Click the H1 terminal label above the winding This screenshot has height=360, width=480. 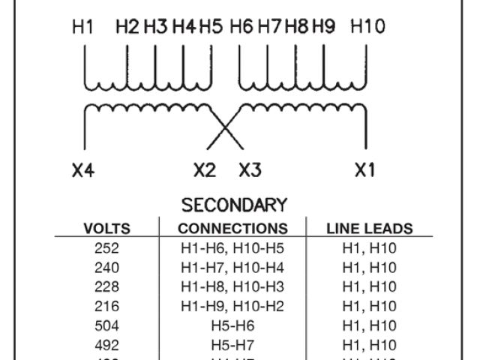coord(82,27)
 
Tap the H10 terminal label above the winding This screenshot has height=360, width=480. coord(367,27)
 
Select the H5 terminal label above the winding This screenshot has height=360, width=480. coord(212,27)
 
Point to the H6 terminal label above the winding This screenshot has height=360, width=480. coord(241,27)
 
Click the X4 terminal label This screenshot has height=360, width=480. coord(83,170)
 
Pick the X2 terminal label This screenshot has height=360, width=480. coord(204,170)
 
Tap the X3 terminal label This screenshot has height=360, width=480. coord(249,170)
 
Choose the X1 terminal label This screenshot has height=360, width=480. coord(364,170)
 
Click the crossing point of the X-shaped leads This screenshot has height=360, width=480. coord(224,127)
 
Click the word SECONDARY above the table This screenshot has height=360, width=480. coord(235,205)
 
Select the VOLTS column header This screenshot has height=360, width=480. coord(106,229)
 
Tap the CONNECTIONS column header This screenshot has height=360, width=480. coord(232,229)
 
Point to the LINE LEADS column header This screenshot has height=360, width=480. coord(370,229)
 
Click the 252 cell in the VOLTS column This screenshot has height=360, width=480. coord(106,248)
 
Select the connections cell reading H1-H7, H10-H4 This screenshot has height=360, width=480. coord(232,268)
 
